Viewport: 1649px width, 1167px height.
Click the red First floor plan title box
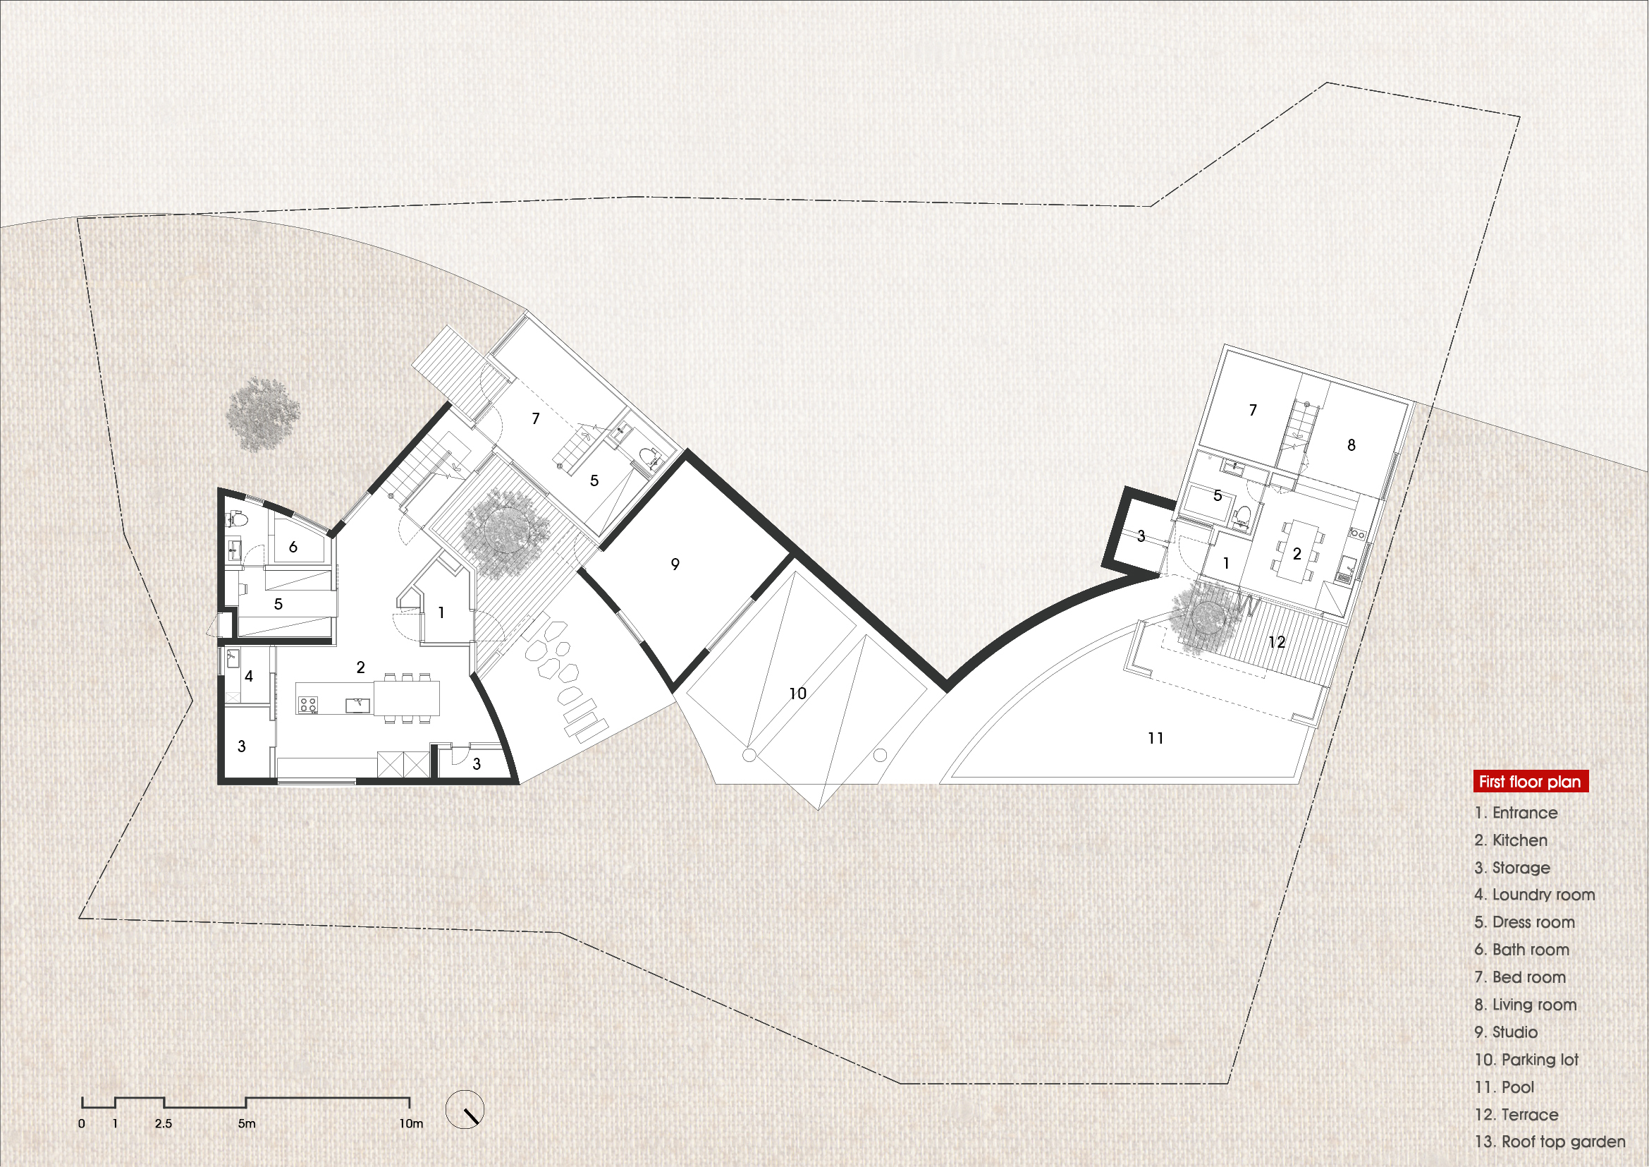[1531, 781]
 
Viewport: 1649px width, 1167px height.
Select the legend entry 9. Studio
[1506, 1032]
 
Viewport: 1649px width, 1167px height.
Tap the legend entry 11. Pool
[1504, 1087]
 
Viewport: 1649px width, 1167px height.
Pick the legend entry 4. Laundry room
[1534, 895]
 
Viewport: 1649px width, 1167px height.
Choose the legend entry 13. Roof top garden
[1549, 1142]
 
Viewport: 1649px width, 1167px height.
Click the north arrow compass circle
[465, 1110]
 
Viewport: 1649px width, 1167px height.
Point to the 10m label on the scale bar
[412, 1124]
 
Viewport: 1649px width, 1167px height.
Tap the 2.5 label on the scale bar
[163, 1124]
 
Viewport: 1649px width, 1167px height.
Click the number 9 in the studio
[675, 564]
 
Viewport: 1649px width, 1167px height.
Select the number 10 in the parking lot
[798, 694]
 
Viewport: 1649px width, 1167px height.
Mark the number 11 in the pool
[1155, 738]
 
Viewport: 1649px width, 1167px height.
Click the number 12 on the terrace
[1277, 641]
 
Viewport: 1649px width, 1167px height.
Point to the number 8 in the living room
[1351, 445]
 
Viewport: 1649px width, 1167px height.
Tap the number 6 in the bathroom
[293, 547]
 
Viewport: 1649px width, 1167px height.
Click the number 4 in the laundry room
[248, 676]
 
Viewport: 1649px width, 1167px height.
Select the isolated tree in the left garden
[263, 415]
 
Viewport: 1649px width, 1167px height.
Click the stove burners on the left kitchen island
[308, 703]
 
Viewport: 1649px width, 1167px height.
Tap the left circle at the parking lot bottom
[749, 755]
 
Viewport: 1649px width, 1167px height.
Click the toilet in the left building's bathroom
[240, 518]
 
